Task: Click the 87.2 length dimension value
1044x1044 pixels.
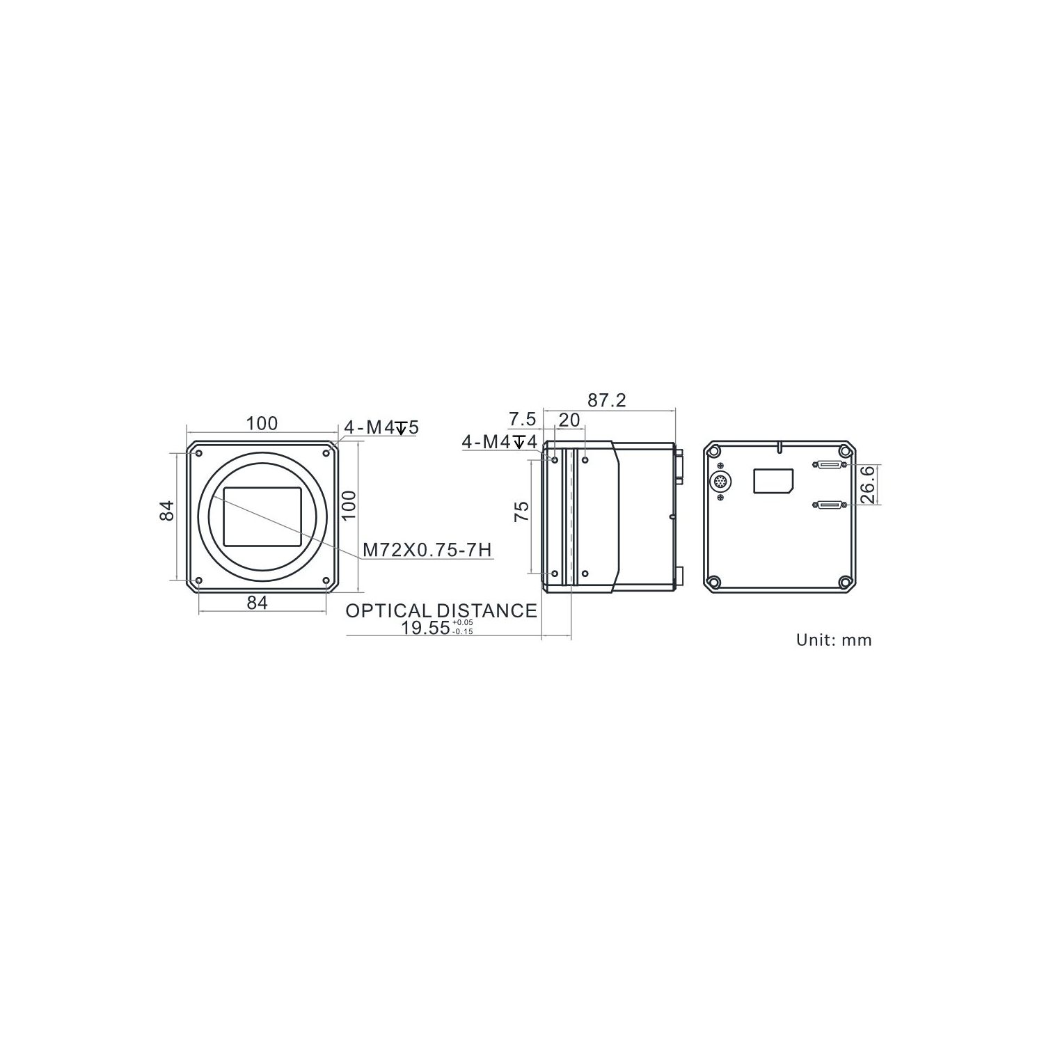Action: click(x=607, y=400)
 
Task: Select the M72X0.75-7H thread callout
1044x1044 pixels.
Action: click(x=427, y=550)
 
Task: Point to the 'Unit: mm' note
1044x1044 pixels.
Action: click(x=834, y=640)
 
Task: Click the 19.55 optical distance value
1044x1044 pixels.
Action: click(x=425, y=627)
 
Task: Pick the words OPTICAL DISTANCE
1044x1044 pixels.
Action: click(x=441, y=610)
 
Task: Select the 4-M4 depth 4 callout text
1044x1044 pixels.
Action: click(x=499, y=441)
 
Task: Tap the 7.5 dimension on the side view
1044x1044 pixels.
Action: click(x=523, y=420)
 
